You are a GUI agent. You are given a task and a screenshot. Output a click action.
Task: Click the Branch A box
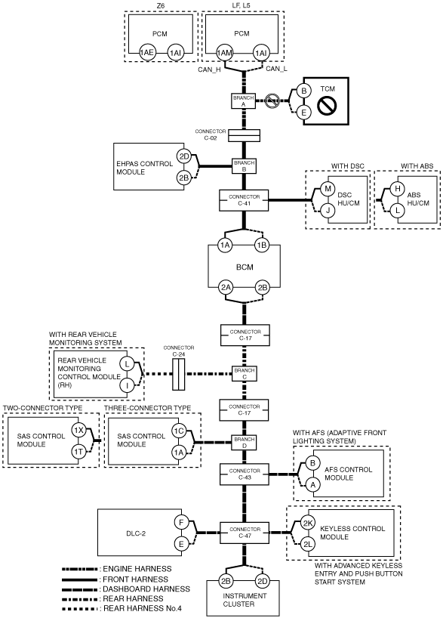tap(243, 101)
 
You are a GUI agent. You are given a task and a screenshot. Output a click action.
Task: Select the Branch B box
tap(245, 166)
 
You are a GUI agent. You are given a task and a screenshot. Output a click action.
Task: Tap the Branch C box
tap(245, 374)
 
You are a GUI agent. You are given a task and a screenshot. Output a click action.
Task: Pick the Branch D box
tap(245, 443)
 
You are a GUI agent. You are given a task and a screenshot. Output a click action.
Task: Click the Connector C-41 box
tap(245, 200)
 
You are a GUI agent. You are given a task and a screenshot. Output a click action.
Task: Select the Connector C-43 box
tap(245, 474)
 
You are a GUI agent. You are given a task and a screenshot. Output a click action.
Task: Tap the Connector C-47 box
tap(245, 533)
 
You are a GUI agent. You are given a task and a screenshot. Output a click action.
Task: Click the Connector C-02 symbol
tap(245, 136)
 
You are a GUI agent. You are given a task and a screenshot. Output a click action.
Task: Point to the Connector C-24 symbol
tap(179, 374)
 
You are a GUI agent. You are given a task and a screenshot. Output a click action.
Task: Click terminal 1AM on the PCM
tap(224, 53)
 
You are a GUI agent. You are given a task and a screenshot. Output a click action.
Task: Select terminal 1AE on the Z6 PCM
tap(147, 53)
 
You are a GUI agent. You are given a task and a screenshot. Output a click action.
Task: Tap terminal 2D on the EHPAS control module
tap(184, 156)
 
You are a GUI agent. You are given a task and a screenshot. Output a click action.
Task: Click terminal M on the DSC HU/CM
tap(328, 189)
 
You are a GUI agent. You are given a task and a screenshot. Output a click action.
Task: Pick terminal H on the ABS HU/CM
tap(397, 189)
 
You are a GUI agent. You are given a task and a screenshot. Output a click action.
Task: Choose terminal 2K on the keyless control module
tap(308, 523)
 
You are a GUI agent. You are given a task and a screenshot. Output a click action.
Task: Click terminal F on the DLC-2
tap(181, 523)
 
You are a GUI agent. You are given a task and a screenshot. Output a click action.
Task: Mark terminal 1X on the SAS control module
tap(78, 430)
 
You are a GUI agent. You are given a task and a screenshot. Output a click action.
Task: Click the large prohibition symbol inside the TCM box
tap(328, 105)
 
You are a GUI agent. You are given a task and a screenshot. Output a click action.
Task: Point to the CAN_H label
tap(210, 70)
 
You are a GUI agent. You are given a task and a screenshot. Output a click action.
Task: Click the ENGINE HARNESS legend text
tap(137, 569)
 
